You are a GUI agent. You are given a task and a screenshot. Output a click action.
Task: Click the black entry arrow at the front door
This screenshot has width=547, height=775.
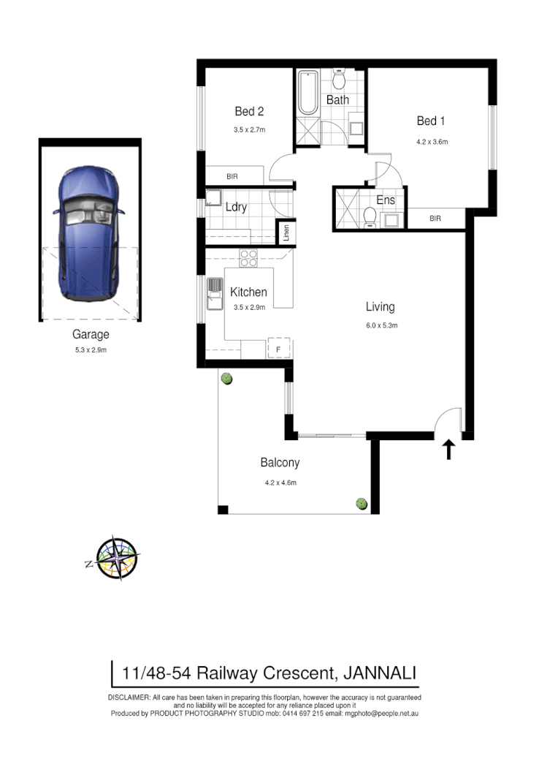449,449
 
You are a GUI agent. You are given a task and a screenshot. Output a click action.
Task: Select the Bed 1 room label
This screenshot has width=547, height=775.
431,121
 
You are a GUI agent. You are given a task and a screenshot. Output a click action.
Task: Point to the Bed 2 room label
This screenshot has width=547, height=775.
249,112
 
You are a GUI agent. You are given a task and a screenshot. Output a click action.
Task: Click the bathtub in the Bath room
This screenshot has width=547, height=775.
307,93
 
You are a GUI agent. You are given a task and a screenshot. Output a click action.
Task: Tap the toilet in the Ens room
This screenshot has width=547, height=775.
370,217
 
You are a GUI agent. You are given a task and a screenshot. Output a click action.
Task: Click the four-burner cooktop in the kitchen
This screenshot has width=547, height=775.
248,258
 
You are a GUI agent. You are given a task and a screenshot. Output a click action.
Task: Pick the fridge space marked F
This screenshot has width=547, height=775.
278,348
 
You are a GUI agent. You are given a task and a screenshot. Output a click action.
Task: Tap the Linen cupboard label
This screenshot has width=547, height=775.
287,233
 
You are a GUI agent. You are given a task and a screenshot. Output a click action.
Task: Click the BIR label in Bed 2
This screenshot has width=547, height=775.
232,177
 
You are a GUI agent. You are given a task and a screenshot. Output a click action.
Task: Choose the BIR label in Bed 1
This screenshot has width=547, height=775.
435,218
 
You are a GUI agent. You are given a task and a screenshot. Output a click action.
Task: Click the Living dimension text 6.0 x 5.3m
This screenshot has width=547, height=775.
380,325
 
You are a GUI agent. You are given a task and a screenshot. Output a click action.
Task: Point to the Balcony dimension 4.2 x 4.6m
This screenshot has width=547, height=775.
280,482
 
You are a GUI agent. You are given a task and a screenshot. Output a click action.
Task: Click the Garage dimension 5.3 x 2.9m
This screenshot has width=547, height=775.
91,350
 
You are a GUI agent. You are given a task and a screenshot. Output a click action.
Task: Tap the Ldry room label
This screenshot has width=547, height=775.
236,207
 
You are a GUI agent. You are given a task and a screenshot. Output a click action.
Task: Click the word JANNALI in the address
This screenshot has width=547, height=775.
378,672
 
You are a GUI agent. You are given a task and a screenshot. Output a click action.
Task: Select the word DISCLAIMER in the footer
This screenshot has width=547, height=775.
129,698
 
